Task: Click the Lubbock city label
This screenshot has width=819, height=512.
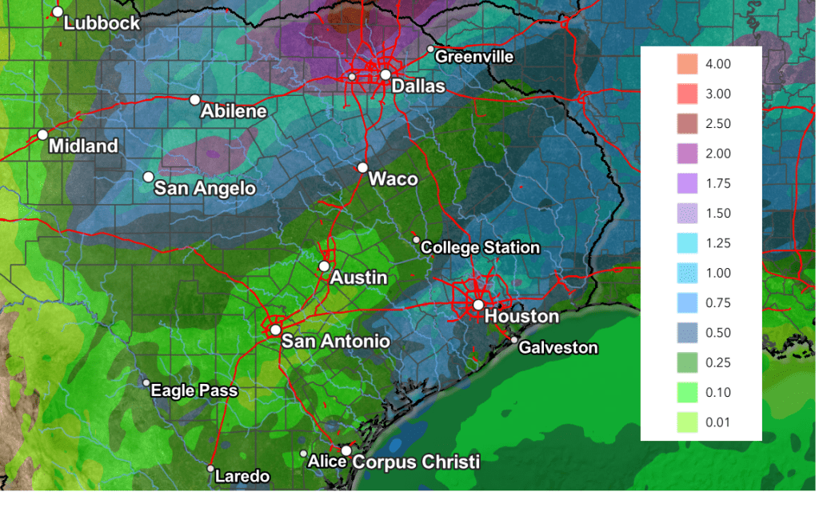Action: [102, 23]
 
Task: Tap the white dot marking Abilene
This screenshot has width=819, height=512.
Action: [194, 100]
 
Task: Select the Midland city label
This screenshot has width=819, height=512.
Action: [83, 146]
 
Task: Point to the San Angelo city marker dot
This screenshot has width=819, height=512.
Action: [148, 177]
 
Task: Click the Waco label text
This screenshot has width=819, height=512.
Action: [393, 179]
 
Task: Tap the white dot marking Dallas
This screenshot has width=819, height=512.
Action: [386, 74]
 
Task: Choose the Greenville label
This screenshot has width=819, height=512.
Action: [474, 57]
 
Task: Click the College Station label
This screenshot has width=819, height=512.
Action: [480, 248]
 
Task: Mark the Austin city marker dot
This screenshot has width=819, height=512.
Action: [324, 266]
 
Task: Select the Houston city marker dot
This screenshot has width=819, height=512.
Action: [477, 304]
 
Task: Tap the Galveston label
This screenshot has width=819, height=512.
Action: [558, 348]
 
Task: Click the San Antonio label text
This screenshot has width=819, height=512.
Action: [335, 342]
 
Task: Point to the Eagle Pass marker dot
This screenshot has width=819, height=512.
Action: [146, 383]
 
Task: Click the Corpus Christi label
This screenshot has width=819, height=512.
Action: [416, 462]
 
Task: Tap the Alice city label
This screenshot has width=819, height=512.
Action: [327, 462]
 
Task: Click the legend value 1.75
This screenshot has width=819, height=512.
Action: [718, 183]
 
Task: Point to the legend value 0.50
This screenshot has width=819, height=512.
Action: [718, 332]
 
